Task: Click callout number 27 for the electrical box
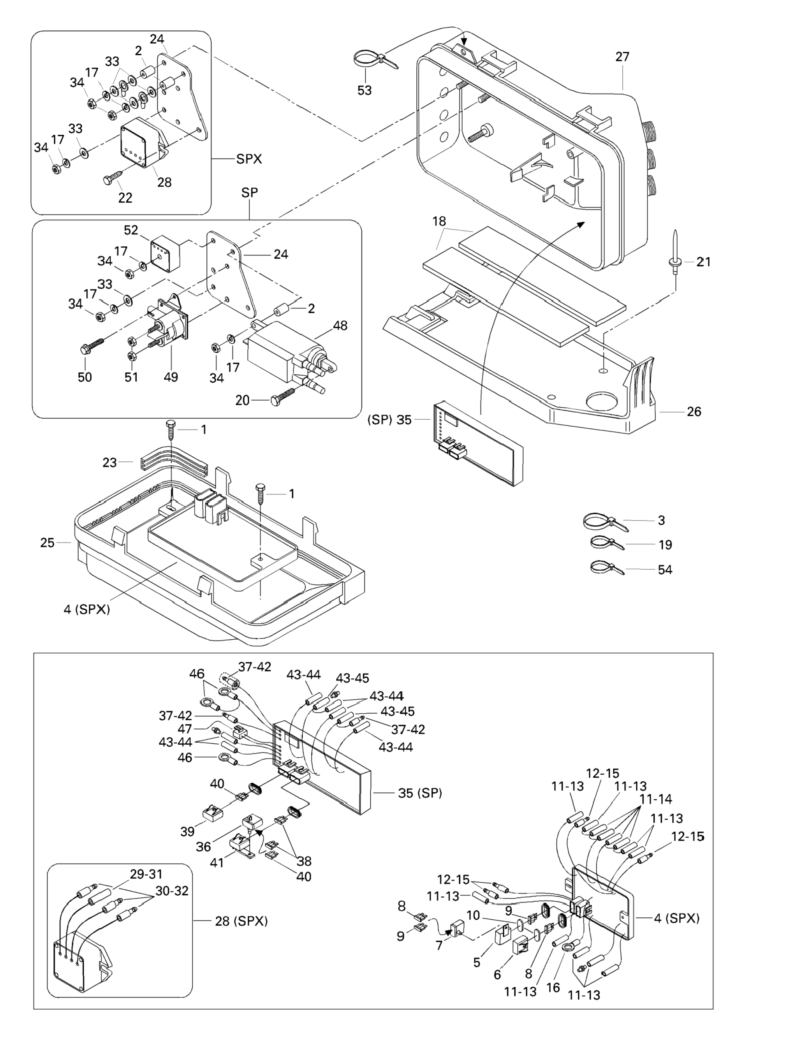coord(622,57)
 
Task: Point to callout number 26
coord(694,412)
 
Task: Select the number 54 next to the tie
coord(664,570)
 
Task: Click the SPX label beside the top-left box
coord(249,159)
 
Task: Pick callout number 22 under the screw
coord(125,198)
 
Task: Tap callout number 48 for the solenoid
coord(340,326)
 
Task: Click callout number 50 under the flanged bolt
coord(85,377)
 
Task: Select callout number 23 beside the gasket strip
coord(109,463)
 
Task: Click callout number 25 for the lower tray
coord(47,542)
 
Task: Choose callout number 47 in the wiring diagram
coord(185,729)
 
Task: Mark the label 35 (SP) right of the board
coord(420,793)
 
